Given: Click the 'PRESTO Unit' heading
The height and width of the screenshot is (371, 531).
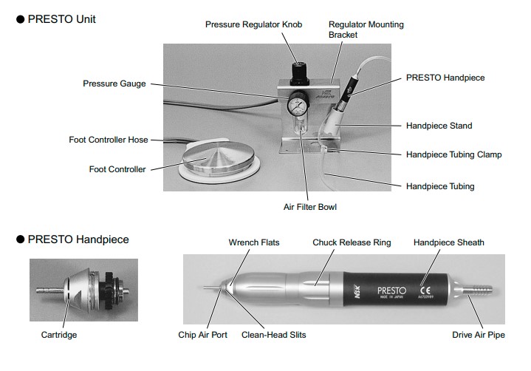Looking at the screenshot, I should pyautogui.click(x=61, y=19).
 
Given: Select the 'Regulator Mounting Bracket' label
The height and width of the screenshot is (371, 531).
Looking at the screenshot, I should pyautogui.click(x=366, y=30).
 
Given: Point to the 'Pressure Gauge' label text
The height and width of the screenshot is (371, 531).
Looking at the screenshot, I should pyautogui.click(x=114, y=84).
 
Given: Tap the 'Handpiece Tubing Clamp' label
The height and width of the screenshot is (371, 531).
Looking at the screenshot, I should pyautogui.click(x=453, y=154).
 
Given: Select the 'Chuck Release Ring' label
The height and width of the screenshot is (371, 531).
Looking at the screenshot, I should pyautogui.click(x=352, y=242).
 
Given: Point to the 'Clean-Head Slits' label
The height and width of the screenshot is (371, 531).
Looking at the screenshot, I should pyautogui.click(x=273, y=335).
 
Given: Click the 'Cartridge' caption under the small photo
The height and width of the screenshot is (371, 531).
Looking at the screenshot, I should pyautogui.click(x=59, y=335).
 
